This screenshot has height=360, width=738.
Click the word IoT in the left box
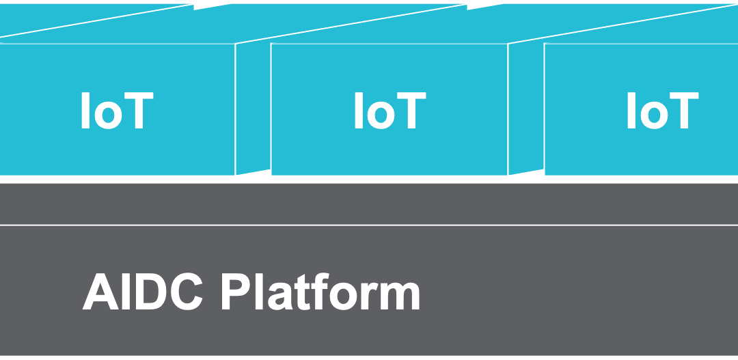coord(116,111)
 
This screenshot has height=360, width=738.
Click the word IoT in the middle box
coord(389,111)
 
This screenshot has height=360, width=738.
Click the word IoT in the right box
coord(662,111)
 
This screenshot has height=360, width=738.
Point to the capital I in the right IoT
coord(631,111)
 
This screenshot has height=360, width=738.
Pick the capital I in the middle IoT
coord(358,111)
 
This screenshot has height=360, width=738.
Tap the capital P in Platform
coord(235,292)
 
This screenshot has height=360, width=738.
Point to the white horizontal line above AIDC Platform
coord(369,225)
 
